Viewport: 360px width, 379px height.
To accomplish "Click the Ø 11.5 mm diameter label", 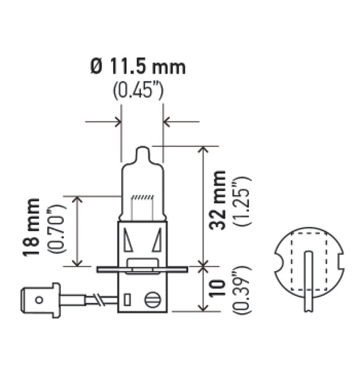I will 138,67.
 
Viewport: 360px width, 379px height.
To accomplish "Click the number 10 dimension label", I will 218,292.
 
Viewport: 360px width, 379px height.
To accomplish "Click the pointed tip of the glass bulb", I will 142,151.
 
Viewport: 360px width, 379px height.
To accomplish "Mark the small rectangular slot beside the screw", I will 127,300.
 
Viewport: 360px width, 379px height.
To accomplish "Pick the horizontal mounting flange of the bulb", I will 142,269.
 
